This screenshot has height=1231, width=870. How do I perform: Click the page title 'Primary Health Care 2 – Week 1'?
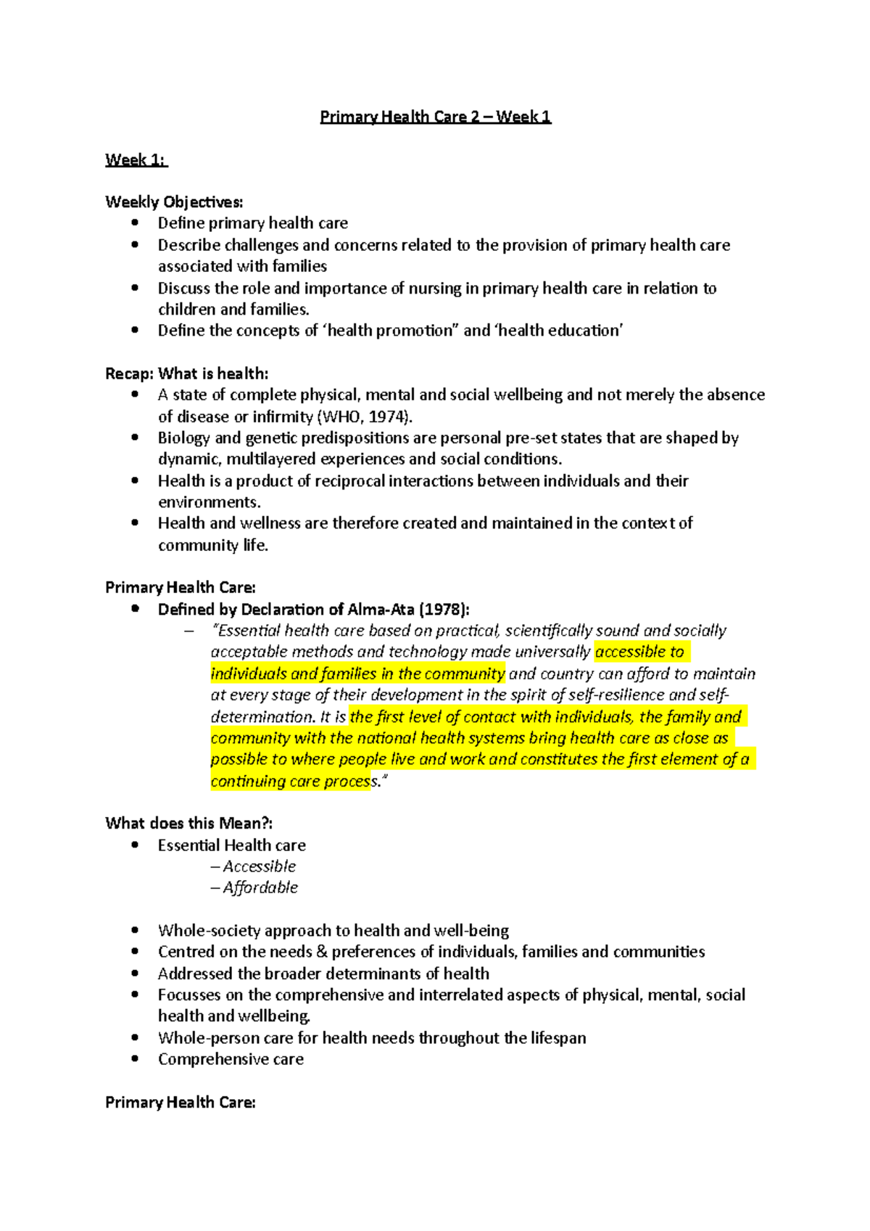[435, 117]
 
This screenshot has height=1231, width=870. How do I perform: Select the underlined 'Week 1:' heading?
[136, 159]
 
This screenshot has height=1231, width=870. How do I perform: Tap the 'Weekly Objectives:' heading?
[174, 202]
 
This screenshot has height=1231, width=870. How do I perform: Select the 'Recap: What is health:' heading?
[186, 373]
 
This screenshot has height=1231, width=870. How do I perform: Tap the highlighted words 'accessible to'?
[639, 652]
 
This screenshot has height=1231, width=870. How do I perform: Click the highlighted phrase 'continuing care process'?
[290, 781]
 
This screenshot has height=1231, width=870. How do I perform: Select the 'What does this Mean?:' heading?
[188, 823]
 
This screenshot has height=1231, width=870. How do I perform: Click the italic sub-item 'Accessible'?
[259, 866]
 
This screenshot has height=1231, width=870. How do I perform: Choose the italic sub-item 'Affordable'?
[260, 887]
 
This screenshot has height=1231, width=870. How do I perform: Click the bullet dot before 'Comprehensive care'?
[135, 1058]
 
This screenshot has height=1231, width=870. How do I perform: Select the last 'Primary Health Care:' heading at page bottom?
[180, 1102]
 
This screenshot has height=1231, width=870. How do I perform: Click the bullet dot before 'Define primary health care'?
[135, 223]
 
